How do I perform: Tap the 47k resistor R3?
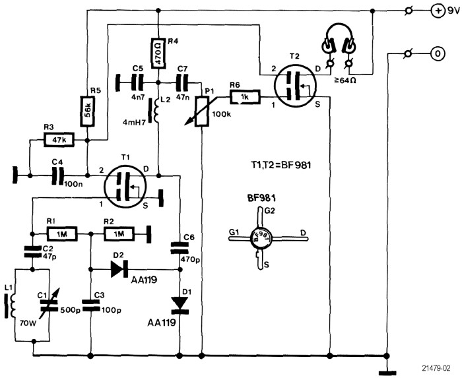[x=59, y=140]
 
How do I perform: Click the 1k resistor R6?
[x=246, y=97]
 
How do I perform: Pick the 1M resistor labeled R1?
[x=62, y=234]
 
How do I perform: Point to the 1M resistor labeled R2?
[x=119, y=234]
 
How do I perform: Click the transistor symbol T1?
[x=125, y=186]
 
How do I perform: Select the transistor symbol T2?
[x=295, y=86]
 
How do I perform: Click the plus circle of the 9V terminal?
[x=438, y=11]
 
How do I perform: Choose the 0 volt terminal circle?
[x=438, y=54]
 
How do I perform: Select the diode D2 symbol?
[x=119, y=268]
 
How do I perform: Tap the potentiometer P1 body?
[x=202, y=111]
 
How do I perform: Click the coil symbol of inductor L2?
[x=156, y=110]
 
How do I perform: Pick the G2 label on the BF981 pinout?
[x=269, y=211]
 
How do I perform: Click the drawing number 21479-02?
[x=436, y=368]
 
